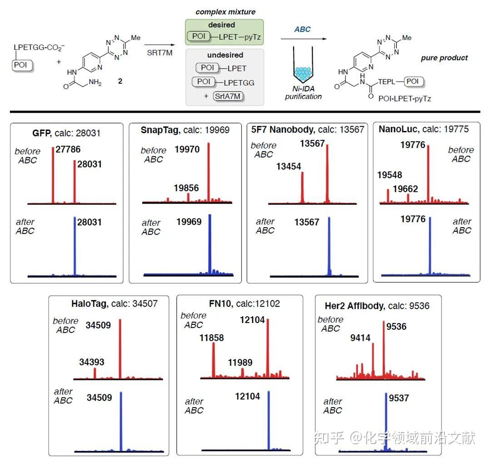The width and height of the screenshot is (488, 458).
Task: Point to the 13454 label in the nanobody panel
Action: (x=289, y=167)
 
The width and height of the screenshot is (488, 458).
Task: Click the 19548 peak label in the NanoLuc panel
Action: (x=389, y=175)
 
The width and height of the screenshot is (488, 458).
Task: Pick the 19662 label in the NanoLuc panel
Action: (x=405, y=189)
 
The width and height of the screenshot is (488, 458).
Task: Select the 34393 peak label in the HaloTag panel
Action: (x=91, y=362)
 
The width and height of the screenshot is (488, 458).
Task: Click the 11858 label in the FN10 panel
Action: (x=211, y=338)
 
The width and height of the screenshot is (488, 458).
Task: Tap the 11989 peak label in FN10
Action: (x=240, y=363)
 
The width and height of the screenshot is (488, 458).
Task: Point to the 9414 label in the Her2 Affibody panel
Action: (x=360, y=338)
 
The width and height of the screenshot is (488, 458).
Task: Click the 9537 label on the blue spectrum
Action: (x=398, y=398)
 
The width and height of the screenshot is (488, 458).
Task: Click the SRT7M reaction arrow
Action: (x=159, y=45)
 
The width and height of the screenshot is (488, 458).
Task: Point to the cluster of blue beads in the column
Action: (x=303, y=72)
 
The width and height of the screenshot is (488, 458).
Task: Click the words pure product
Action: (x=444, y=58)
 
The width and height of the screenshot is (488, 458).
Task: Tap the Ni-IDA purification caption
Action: (x=303, y=93)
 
